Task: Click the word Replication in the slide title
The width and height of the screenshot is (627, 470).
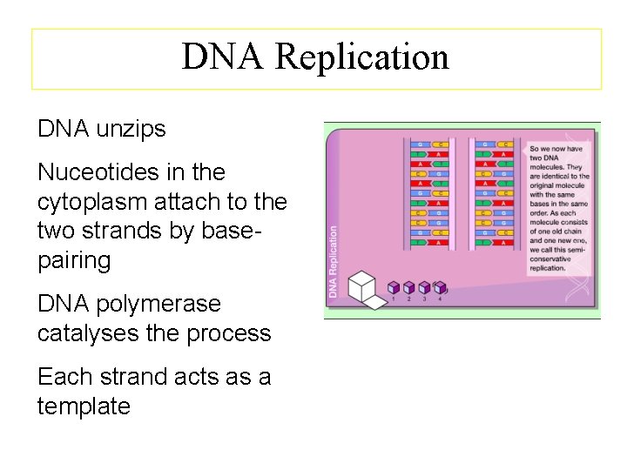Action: point(362,57)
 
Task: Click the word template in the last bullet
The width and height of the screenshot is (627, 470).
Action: point(84,406)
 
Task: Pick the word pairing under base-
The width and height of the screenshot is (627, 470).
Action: point(74,260)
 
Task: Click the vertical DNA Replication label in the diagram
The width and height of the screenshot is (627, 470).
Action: point(333,262)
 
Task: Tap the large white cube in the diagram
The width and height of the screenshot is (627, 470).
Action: point(361,288)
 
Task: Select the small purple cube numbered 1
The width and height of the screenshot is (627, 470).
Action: point(394,287)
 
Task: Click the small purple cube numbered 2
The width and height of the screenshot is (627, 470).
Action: point(409,287)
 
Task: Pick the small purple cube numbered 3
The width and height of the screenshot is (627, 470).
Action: point(424,287)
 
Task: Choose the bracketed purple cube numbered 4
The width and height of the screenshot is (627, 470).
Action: point(440,287)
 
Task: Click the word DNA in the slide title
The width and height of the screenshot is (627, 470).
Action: point(223,57)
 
